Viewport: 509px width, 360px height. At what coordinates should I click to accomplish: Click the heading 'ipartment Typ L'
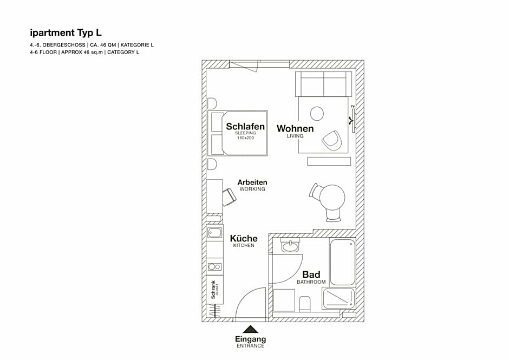(66, 33)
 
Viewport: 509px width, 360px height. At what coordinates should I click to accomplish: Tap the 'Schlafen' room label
(245, 126)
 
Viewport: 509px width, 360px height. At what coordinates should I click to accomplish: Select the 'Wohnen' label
(295, 128)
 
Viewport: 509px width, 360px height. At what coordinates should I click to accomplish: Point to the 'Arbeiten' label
(252, 182)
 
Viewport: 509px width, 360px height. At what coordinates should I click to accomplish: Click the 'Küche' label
(244, 238)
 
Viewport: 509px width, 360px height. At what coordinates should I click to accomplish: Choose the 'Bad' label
(311, 274)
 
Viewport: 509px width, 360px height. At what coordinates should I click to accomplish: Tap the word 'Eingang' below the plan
(250, 339)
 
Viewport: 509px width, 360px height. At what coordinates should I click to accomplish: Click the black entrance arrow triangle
(250, 329)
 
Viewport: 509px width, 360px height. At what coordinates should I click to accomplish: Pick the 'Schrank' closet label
(213, 290)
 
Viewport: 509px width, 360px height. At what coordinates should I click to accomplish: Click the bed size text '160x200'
(245, 138)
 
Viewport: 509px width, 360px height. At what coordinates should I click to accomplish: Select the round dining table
(332, 198)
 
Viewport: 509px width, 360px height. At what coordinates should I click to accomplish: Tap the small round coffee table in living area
(317, 114)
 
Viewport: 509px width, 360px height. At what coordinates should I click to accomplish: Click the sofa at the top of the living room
(324, 84)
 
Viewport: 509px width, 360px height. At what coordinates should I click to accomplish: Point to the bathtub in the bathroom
(343, 263)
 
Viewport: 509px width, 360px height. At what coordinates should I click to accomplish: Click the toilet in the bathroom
(304, 304)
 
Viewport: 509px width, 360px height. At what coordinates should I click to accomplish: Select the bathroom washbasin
(291, 246)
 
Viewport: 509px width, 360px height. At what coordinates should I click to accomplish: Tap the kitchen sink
(214, 233)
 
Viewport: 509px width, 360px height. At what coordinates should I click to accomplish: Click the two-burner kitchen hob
(214, 267)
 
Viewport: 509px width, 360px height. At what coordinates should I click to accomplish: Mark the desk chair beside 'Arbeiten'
(230, 197)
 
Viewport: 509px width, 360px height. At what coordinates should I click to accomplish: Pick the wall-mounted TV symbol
(353, 121)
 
